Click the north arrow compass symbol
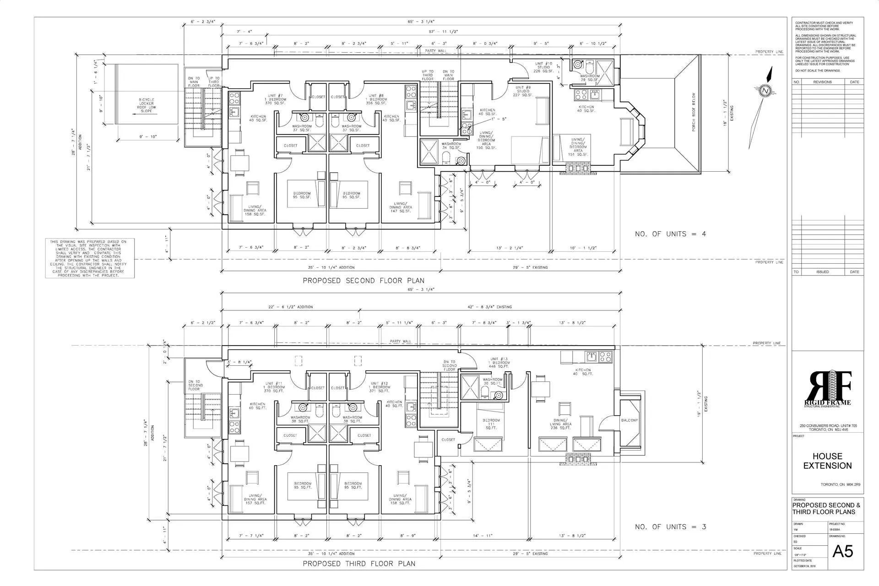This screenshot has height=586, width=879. (765, 91)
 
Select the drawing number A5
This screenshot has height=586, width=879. (843, 551)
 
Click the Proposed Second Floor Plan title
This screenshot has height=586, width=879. (363, 281)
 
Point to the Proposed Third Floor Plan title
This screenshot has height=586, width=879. (359, 564)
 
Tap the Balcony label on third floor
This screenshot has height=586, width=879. (629, 420)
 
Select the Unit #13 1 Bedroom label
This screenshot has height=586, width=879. (499, 363)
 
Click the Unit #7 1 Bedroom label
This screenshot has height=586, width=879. (275, 99)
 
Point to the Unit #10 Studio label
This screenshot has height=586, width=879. (544, 67)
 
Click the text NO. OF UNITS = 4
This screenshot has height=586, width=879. (670, 234)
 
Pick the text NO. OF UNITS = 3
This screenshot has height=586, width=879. (670, 527)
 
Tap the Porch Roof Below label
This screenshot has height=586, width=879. (694, 113)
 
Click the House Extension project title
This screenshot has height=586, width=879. (827, 461)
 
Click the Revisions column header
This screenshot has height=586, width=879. (822, 82)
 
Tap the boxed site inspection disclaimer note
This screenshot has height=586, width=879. (90, 258)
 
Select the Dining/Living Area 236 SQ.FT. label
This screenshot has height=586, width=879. (561, 422)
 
